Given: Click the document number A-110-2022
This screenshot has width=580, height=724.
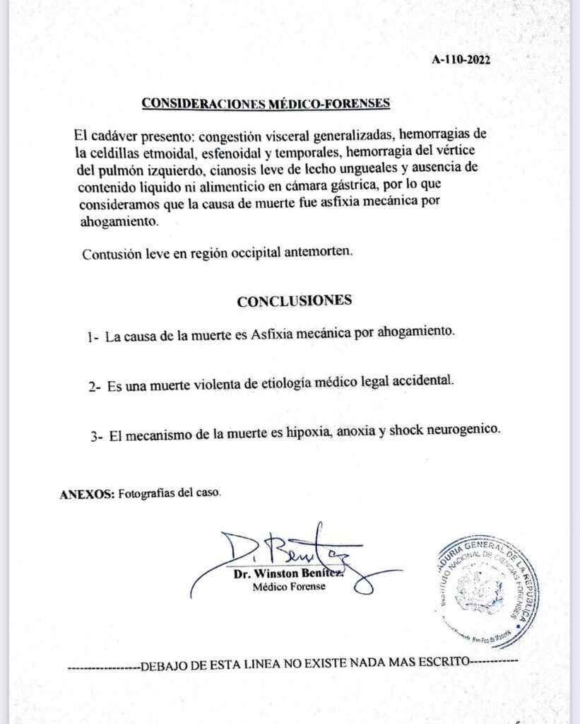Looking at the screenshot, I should [x=461, y=60].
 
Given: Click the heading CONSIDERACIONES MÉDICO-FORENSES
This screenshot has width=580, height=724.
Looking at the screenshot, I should [x=266, y=103].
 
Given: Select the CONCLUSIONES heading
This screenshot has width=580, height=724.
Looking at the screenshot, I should [x=295, y=300].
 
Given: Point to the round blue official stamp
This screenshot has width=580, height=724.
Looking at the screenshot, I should [x=483, y=589].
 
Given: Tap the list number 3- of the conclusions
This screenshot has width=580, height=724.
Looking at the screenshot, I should [x=97, y=437].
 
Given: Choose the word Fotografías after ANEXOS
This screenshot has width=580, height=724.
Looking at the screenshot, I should [x=147, y=494].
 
